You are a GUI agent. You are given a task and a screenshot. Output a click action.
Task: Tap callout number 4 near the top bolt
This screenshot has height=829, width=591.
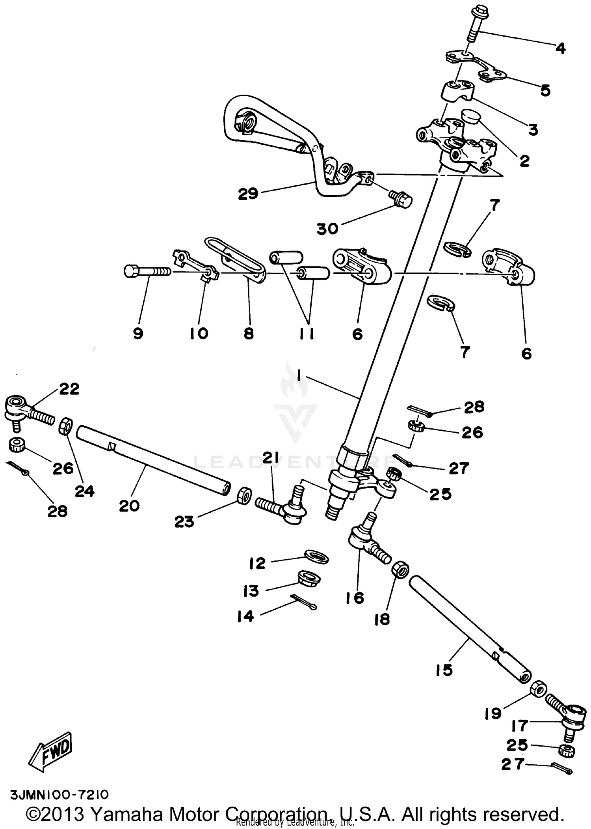coord(561,49)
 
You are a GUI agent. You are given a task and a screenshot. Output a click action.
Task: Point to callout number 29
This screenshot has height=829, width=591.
coord(248,194)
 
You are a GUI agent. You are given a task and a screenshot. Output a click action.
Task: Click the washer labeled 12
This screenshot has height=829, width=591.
coord(316,557)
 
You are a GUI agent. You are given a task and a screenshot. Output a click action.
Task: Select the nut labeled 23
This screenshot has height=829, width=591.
coord(245,495)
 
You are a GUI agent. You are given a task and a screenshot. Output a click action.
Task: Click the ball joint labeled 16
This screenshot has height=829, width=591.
coord(364,540)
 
